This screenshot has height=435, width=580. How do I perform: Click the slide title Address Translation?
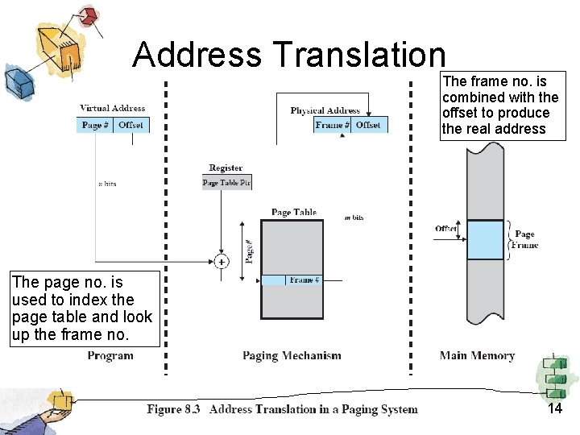(x=288, y=55)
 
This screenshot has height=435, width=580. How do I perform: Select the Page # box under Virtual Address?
(x=96, y=125)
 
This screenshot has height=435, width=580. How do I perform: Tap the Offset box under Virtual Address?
(x=130, y=125)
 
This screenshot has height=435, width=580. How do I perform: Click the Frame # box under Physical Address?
(x=332, y=125)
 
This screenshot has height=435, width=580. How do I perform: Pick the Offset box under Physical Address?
(x=369, y=125)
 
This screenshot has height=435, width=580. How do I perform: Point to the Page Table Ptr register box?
(x=226, y=183)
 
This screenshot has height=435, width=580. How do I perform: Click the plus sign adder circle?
(x=221, y=261)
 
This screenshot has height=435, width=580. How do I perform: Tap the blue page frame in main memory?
(x=484, y=240)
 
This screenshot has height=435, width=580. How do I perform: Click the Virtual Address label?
(x=113, y=108)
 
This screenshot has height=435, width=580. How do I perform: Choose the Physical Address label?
(x=325, y=110)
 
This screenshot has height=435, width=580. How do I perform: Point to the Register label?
(x=226, y=168)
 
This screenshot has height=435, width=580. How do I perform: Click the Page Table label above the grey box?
(x=294, y=213)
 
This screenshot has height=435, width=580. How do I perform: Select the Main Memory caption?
(x=477, y=355)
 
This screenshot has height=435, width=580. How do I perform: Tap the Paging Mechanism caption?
(x=292, y=355)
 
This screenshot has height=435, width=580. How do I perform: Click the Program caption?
(x=110, y=355)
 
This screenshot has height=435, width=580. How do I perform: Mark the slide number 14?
(x=554, y=408)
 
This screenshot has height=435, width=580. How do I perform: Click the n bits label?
(x=107, y=184)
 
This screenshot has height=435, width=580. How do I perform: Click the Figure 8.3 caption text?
(x=282, y=409)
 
